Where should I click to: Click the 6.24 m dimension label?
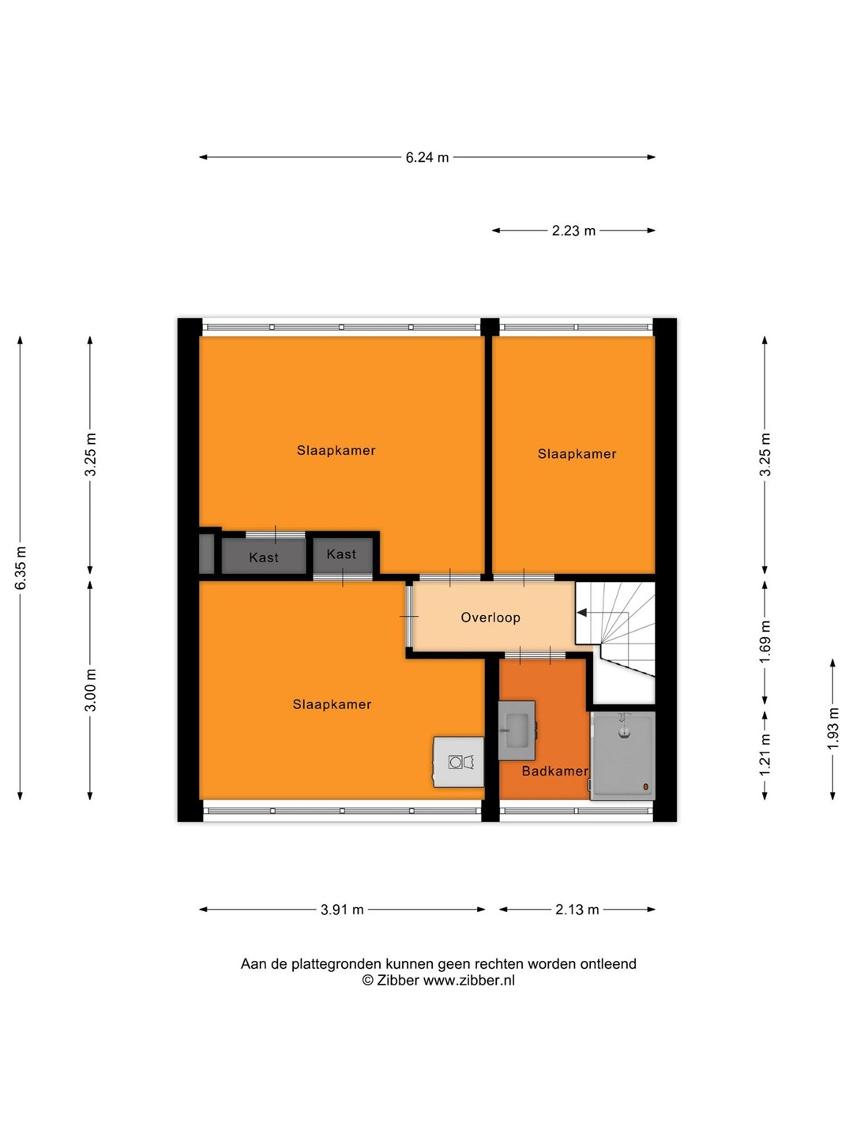click(426, 157)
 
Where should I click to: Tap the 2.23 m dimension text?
click(573, 231)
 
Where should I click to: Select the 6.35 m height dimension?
click(21, 568)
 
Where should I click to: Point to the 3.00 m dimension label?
click(91, 690)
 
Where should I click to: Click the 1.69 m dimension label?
click(765, 641)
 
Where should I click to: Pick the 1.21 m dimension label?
click(765, 755)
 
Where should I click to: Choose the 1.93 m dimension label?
click(832, 728)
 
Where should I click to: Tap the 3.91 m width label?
click(342, 910)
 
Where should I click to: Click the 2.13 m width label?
click(577, 910)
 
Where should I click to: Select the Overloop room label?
click(490, 617)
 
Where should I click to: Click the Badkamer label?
click(554, 771)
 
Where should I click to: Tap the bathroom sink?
click(517, 730)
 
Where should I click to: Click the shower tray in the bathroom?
click(622, 756)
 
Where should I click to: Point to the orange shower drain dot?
click(646, 787)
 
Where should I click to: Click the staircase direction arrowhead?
click(581, 613)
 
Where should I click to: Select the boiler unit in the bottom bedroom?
click(459, 762)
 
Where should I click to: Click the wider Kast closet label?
click(264, 557)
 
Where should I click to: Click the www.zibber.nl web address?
click(469, 980)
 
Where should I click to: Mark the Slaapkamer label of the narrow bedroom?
click(577, 454)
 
